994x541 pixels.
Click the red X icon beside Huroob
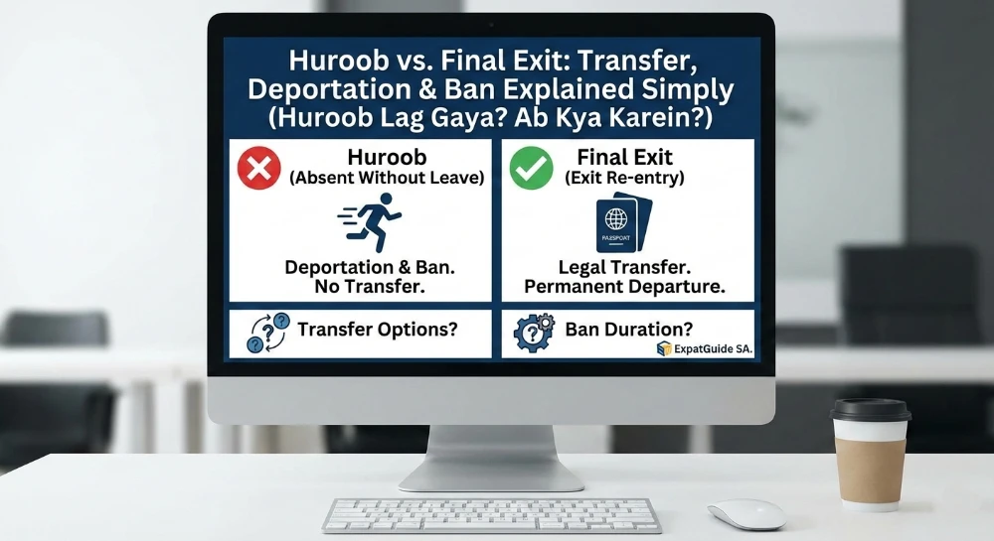[259, 167]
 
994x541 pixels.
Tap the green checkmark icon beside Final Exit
[532, 168]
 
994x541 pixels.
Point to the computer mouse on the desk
[745, 513]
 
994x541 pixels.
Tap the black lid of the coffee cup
[871, 409]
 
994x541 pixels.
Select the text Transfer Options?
[378, 331]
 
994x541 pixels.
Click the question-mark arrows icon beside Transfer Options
[265, 335]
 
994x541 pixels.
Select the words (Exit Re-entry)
[625, 179]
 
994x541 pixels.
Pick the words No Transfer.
[361, 287]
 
